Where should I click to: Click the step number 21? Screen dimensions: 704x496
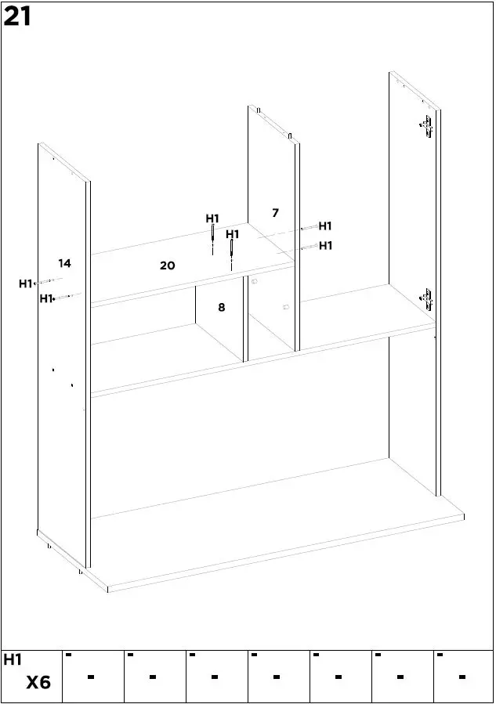point(17,16)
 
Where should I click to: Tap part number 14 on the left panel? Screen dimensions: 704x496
point(64,263)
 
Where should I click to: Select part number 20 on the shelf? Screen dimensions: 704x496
point(167,265)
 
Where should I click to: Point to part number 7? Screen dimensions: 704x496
point(275,213)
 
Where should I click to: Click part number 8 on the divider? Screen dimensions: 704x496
point(222,308)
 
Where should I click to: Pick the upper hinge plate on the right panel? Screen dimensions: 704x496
point(426,127)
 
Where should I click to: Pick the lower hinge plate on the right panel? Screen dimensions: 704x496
point(426,298)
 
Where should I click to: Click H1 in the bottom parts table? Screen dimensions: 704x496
point(13,660)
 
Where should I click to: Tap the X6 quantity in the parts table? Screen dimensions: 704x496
point(38,683)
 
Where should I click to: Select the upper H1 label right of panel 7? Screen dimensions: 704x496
point(325,226)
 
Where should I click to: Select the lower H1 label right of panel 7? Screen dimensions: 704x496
point(325,246)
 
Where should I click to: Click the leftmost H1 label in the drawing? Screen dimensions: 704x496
point(26,283)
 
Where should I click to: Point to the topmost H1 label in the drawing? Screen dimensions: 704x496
point(212,218)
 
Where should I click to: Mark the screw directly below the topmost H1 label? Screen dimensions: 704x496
point(212,238)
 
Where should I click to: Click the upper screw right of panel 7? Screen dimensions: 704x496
point(307,228)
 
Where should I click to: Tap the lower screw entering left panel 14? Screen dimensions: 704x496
point(63,297)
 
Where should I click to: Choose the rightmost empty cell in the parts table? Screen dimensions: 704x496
point(462,676)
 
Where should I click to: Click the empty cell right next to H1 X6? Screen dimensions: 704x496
point(92,676)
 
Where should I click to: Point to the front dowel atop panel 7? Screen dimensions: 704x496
point(289,135)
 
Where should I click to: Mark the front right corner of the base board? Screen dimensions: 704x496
point(464,517)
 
